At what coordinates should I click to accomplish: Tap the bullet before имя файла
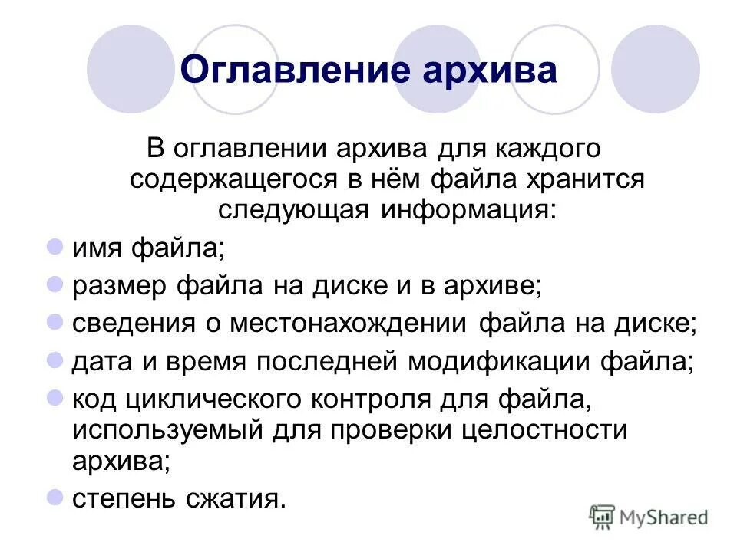55,245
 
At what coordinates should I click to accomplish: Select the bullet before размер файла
55,284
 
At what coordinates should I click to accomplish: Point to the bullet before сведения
55,321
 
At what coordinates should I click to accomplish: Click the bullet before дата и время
55,360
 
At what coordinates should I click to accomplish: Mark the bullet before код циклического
55,397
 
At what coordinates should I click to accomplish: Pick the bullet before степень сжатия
55,498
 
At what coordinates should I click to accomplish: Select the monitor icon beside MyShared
603,517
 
